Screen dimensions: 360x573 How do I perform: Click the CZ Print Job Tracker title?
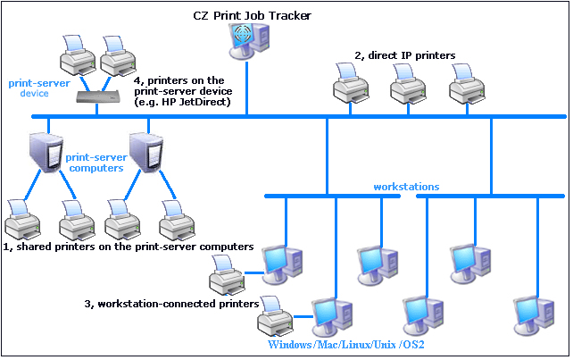(253, 15)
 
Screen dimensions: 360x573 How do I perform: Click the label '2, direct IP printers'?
(405, 55)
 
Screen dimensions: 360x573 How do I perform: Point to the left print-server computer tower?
(44, 153)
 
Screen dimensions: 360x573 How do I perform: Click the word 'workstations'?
(406, 187)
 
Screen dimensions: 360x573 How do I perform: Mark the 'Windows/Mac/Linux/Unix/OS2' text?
(345, 345)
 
